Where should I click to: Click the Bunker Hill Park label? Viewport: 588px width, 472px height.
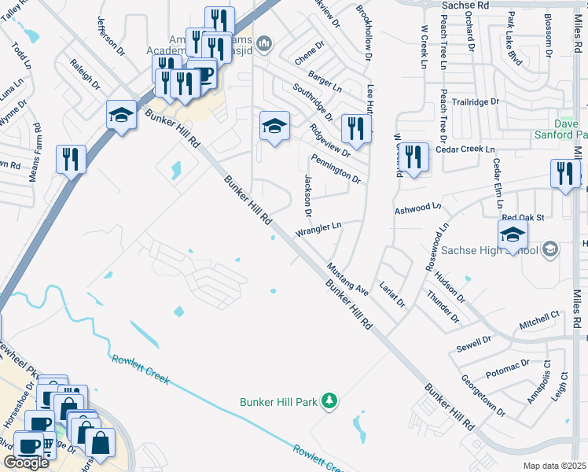[x=278, y=402]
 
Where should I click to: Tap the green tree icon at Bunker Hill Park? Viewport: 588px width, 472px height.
[x=331, y=402]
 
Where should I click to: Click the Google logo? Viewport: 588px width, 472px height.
[x=26, y=463]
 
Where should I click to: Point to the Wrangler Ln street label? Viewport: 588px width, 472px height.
[x=318, y=229]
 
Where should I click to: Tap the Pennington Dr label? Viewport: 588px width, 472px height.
[x=335, y=168]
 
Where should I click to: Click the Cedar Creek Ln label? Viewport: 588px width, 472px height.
[x=467, y=149]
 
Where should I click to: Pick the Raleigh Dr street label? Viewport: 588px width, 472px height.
[x=86, y=73]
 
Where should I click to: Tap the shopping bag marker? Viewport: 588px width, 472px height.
[x=101, y=442]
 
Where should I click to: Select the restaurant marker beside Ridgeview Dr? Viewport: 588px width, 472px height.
[x=356, y=129]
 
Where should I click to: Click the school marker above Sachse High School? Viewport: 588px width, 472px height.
[x=513, y=234]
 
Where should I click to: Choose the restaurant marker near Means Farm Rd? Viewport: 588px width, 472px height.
[x=71, y=160]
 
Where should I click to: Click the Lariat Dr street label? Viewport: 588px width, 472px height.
[x=391, y=292]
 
